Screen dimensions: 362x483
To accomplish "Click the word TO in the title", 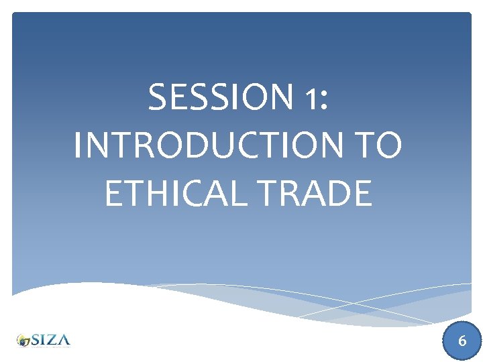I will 377,145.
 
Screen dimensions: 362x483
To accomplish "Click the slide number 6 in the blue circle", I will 462,341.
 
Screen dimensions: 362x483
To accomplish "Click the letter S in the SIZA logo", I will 36,339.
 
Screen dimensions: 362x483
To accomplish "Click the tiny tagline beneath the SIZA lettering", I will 50,347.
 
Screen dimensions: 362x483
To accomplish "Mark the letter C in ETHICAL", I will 200,193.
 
